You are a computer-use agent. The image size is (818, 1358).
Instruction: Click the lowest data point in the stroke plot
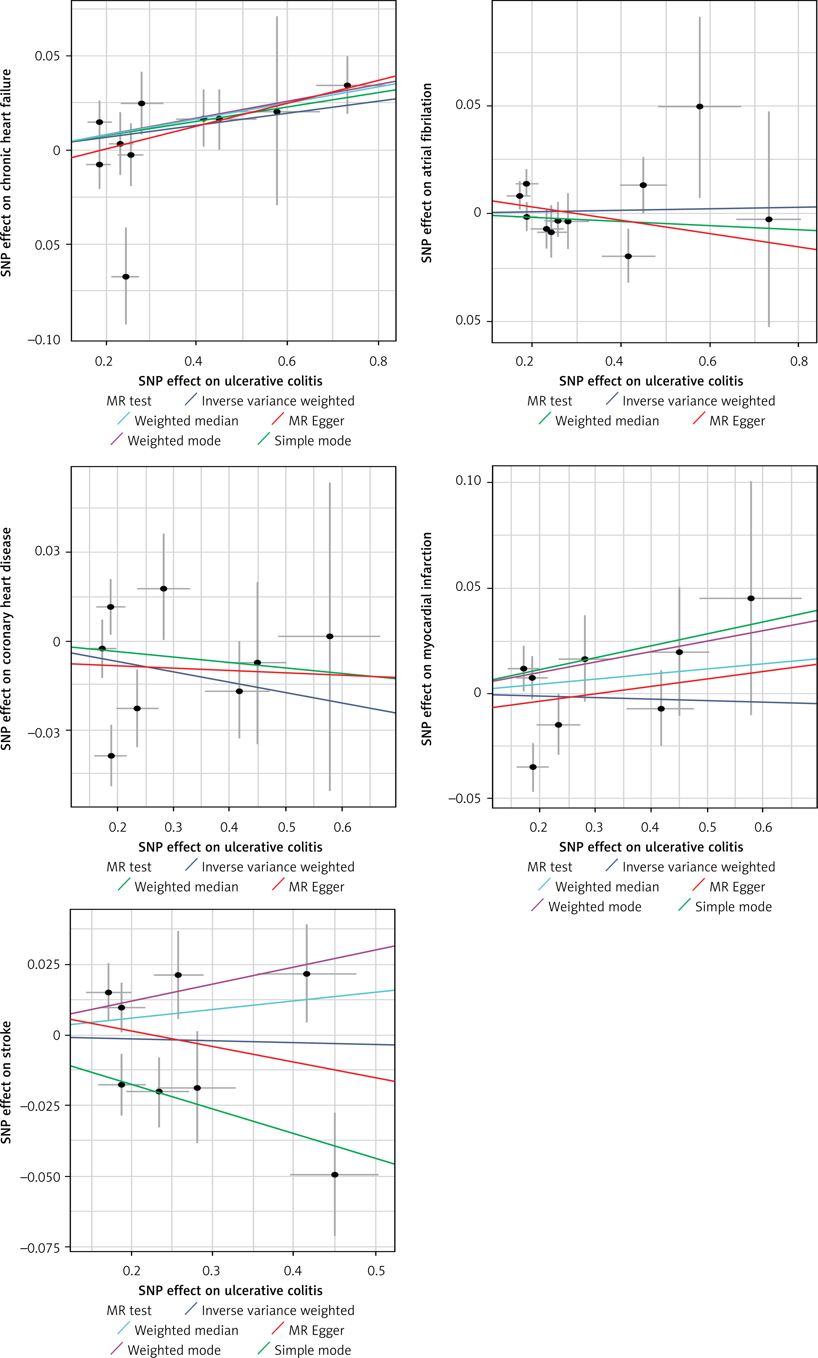334,1175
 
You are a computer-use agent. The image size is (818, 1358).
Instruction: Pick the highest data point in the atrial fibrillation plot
700,106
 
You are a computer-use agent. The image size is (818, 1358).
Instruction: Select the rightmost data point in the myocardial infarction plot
751,598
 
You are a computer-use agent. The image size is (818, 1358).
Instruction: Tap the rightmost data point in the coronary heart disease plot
329,636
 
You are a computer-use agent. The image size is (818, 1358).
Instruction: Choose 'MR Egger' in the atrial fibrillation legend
737,421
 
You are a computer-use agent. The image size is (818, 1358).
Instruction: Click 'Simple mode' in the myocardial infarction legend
733,906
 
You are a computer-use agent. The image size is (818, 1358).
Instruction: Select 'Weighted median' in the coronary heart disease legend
186,887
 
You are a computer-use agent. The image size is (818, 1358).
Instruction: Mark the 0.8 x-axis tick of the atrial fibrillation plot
799,362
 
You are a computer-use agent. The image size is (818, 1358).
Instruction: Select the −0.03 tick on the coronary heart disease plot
44,732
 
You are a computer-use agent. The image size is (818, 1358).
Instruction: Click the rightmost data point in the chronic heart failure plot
347,85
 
